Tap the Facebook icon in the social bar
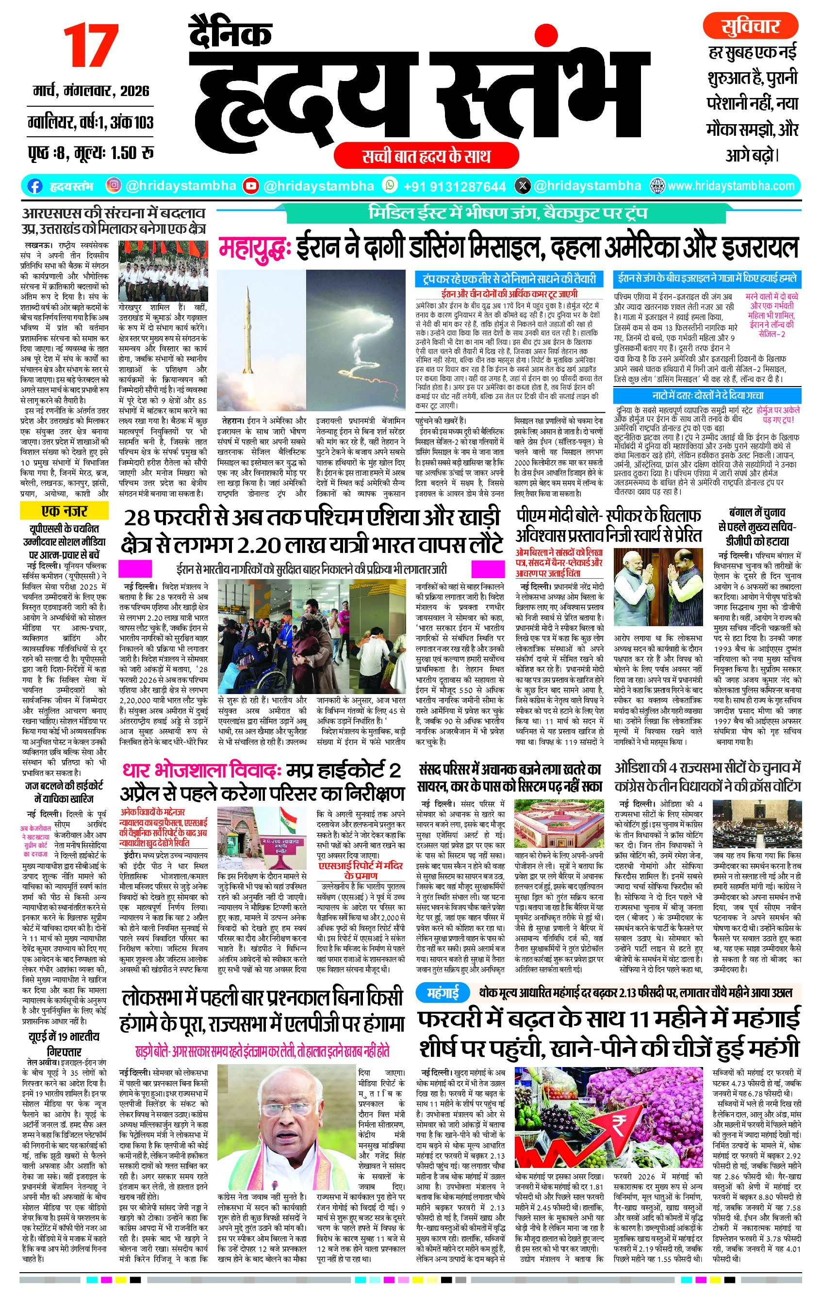tap(35, 186)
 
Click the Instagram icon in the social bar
tap(114, 186)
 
